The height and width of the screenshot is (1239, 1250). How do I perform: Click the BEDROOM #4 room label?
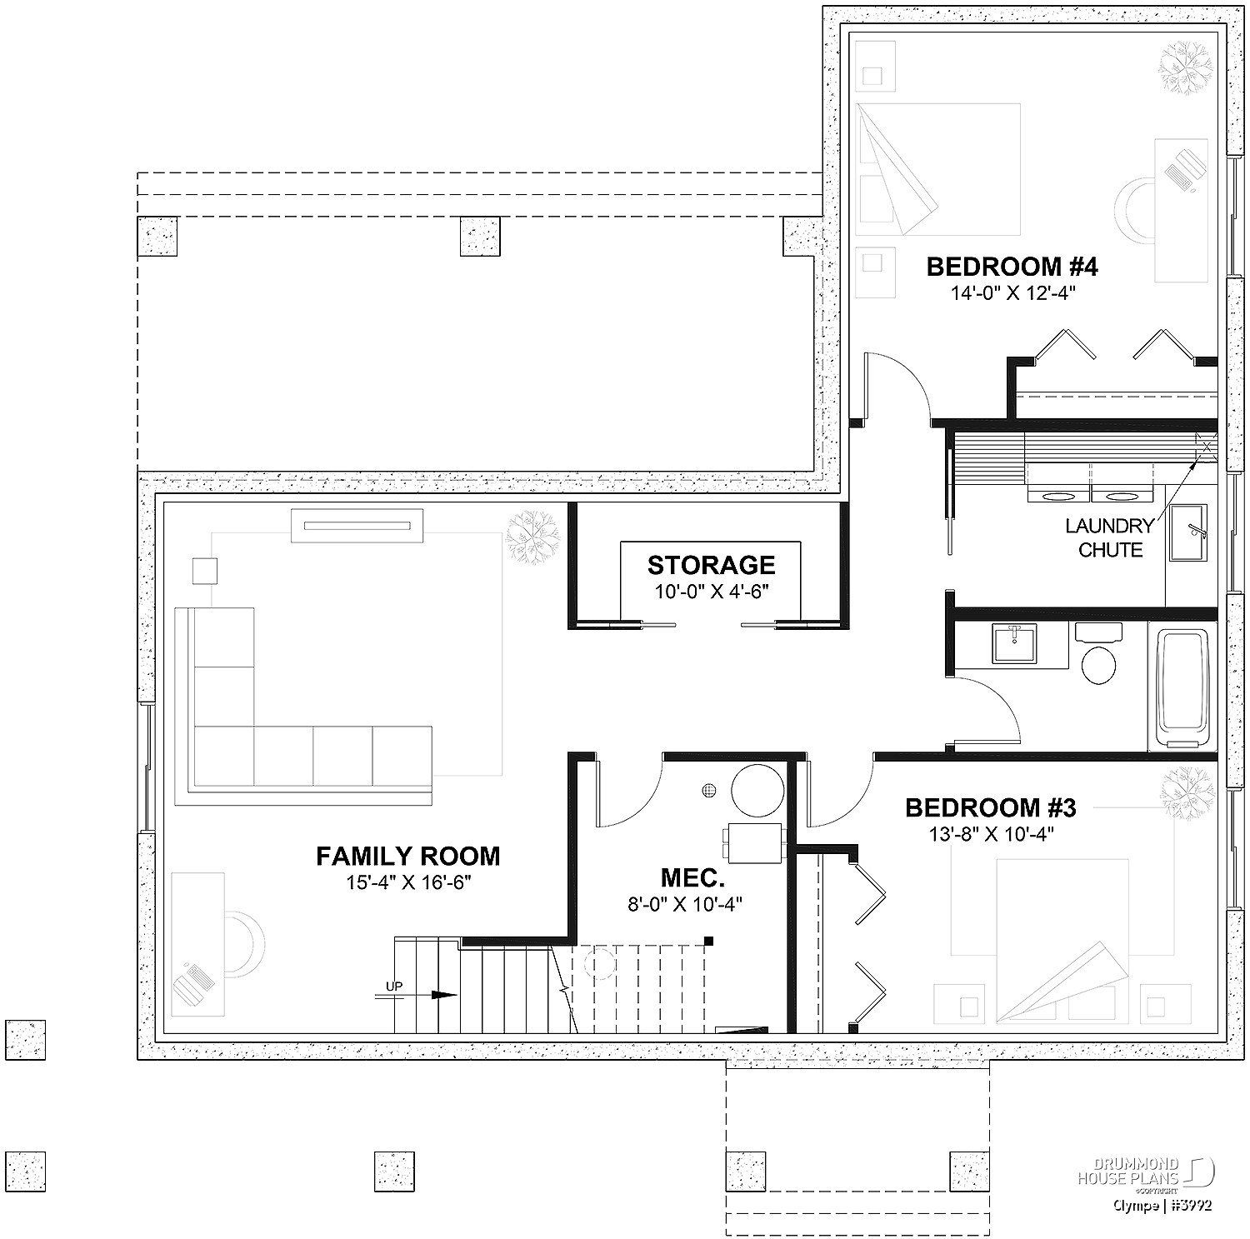coord(1012,267)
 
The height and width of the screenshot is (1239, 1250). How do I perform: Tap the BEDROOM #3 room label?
coord(990,808)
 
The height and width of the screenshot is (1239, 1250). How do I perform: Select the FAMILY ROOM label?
coord(407,857)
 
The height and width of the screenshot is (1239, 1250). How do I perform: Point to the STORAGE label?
coord(711,566)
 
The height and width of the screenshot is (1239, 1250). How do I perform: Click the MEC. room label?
coord(692,878)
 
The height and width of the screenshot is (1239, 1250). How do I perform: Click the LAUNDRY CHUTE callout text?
coord(1110,538)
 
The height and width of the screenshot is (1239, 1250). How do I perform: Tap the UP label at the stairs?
coord(394,987)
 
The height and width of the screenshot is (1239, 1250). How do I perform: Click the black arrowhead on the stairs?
coord(445,995)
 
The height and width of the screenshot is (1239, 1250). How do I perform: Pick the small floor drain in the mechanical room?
coord(709,790)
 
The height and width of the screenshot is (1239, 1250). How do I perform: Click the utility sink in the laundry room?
coord(1188,532)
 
